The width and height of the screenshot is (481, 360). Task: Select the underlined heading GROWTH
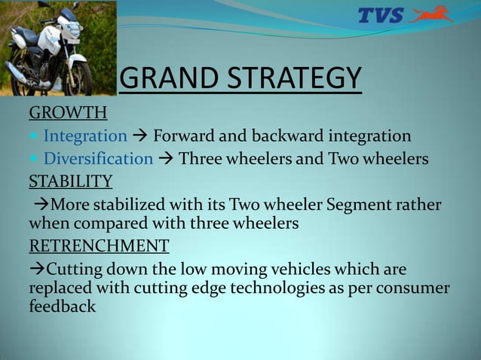click(68, 114)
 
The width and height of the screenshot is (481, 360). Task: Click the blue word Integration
click(85, 136)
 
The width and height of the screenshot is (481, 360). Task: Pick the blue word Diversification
click(98, 159)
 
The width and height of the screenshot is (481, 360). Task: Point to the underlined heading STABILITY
click(71, 182)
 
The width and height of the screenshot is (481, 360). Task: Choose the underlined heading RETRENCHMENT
click(99, 246)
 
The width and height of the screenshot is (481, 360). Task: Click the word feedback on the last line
click(62, 307)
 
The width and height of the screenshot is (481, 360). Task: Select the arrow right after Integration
click(140, 136)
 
